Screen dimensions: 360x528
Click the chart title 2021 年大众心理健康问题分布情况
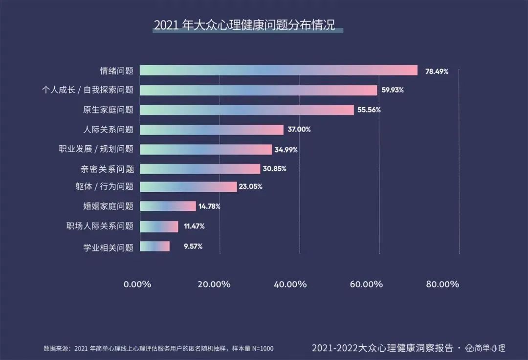coord(244,25)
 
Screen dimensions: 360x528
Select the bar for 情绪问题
coord(279,70)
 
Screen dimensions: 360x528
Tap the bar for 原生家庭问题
coord(247,110)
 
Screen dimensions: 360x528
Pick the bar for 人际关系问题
coord(212,130)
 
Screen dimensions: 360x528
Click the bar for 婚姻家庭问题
coord(168,206)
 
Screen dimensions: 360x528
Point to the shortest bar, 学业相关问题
coord(155,247)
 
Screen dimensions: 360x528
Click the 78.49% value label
coord(437,71)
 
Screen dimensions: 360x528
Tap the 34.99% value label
coord(286,150)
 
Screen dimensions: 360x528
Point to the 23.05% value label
coord(251,187)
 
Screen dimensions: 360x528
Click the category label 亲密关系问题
coord(107,169)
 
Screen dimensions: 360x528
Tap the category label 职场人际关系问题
coord(100,226)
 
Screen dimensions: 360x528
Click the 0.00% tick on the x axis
coord(137,284)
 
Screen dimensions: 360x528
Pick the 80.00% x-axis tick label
coord(442,284)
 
